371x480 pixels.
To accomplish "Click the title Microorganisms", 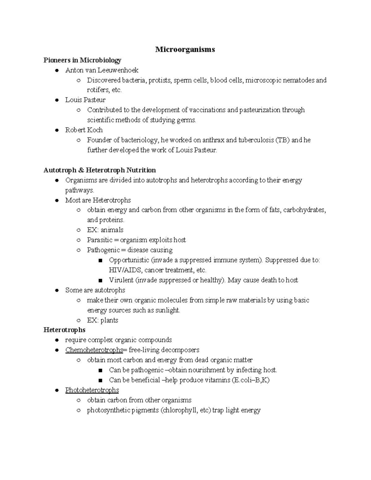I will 185,49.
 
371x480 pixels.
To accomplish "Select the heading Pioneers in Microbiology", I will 82,60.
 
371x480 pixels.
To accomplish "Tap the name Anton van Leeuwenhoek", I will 102,70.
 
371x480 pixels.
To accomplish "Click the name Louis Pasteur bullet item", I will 85,100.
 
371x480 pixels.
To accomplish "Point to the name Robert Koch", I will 84,130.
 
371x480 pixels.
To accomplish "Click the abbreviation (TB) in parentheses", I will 282,140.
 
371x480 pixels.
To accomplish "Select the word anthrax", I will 213,140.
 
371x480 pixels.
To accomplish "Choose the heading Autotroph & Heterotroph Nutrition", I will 100,170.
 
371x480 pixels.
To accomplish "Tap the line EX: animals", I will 105,230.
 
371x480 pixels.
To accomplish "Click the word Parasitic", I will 100,240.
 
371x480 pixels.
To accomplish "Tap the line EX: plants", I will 103,320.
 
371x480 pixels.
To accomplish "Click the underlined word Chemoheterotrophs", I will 94,350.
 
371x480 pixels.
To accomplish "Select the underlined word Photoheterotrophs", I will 92,390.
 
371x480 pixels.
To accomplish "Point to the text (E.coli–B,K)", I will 250,380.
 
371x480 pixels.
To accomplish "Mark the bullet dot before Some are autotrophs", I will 57,290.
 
